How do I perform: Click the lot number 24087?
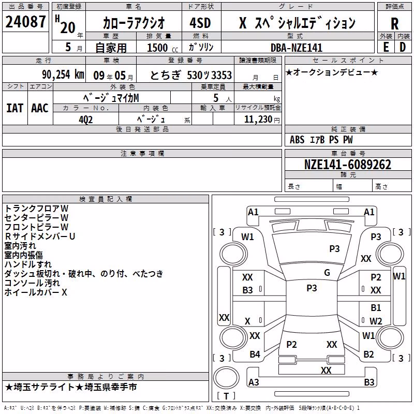pos(25,22)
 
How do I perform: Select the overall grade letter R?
pos(394,24)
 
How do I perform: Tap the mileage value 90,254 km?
pos(63,75)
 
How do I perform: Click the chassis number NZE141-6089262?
pos(347,165)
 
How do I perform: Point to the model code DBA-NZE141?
pos(296,48)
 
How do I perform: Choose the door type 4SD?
pos(200,23)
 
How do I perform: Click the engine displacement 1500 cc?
pos(162,48)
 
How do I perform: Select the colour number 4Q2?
pos(85,120)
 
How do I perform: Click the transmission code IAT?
pos(14,108)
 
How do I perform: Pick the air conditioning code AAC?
pos(40,108)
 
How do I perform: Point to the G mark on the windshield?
pos(327,273)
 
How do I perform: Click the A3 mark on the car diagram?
pos(254,382)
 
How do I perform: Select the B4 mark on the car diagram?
pos(255,354)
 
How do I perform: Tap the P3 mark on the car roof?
pos(312,288)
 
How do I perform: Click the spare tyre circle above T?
pos(226,378)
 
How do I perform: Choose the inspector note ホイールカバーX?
pos(36,292)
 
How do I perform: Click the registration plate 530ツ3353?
pos(209,75)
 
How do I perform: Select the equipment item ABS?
pos(297,140)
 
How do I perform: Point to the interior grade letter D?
pos(403,47)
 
